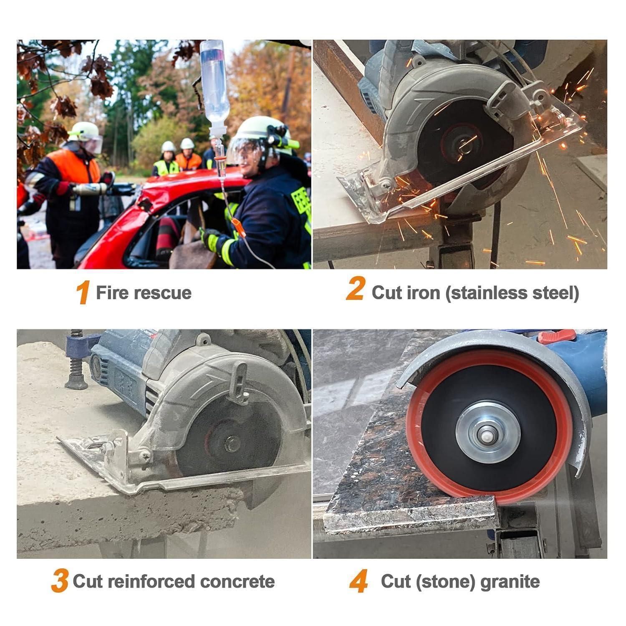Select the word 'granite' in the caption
(510, 582)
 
